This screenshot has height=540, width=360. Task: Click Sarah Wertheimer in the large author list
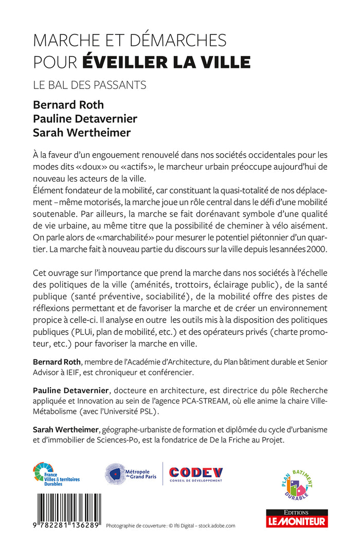click(81, 133)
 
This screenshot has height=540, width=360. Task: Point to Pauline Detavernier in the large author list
click(85, 119)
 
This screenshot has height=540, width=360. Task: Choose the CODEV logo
click(196, 473)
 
